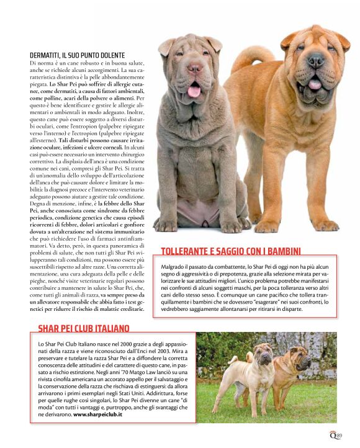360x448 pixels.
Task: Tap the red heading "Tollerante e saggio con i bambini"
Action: pos(231,251)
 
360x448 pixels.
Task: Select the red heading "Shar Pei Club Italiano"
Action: pos(84,328)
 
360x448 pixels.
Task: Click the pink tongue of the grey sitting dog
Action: pos(194,91)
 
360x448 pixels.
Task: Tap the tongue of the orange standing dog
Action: pos(315,83)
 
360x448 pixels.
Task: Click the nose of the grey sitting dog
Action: pos(195,68)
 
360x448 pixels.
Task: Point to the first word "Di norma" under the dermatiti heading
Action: pos(40,63)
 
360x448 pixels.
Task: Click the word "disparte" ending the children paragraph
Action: pos(307,308)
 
